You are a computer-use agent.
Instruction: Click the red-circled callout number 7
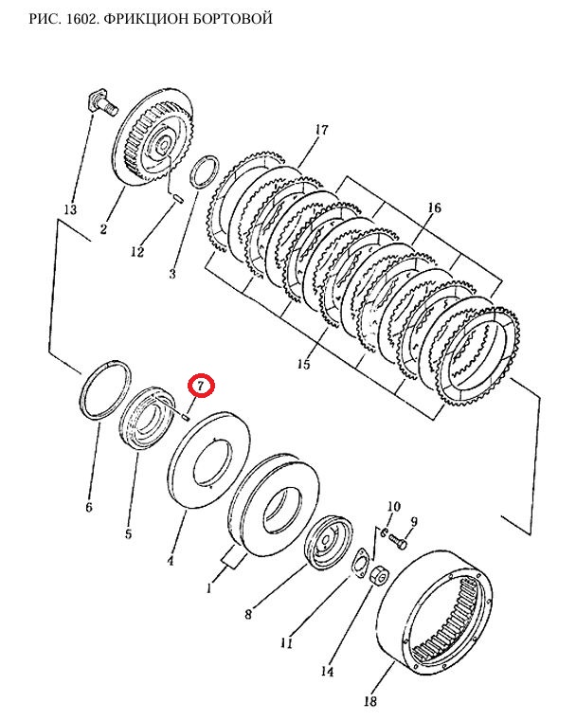(x=201, y=386)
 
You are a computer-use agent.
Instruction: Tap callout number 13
(x=70, y=209)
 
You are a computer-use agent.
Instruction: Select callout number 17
(x=322, y=130)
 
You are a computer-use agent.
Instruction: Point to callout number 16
(x=434, y=207)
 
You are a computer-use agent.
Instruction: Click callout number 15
(x=303, y=364)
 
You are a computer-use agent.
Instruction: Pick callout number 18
(x=370, y=701)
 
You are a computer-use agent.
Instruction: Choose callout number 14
(x=327, y=672)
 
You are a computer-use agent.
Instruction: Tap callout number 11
(x=286, y=642)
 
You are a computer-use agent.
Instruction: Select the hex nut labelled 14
(x=380, y=575)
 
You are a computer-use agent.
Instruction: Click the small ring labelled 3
(x=205, y=172)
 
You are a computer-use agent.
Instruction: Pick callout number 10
(x=393, y=507)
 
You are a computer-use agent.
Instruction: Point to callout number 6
(x=89, y=507)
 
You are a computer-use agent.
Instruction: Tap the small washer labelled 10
(x=383, y=532)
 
